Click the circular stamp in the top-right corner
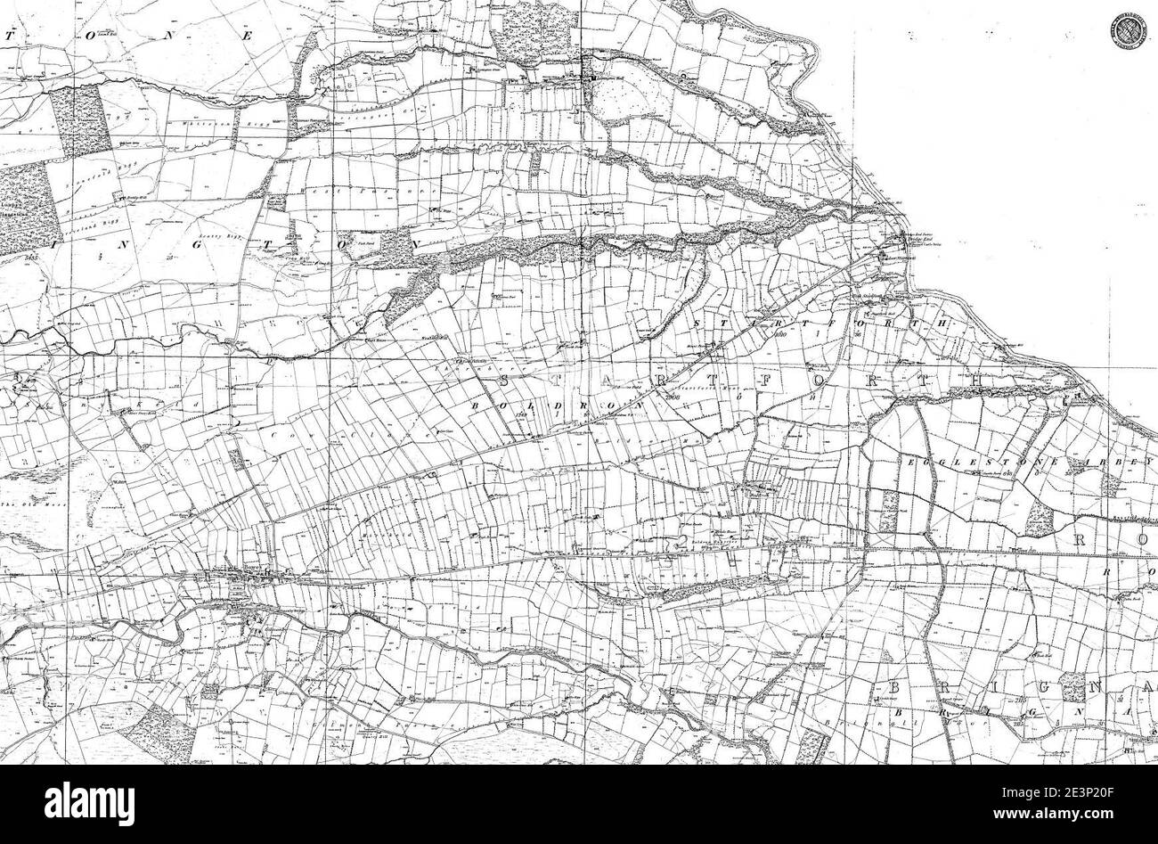[1127, 29]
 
